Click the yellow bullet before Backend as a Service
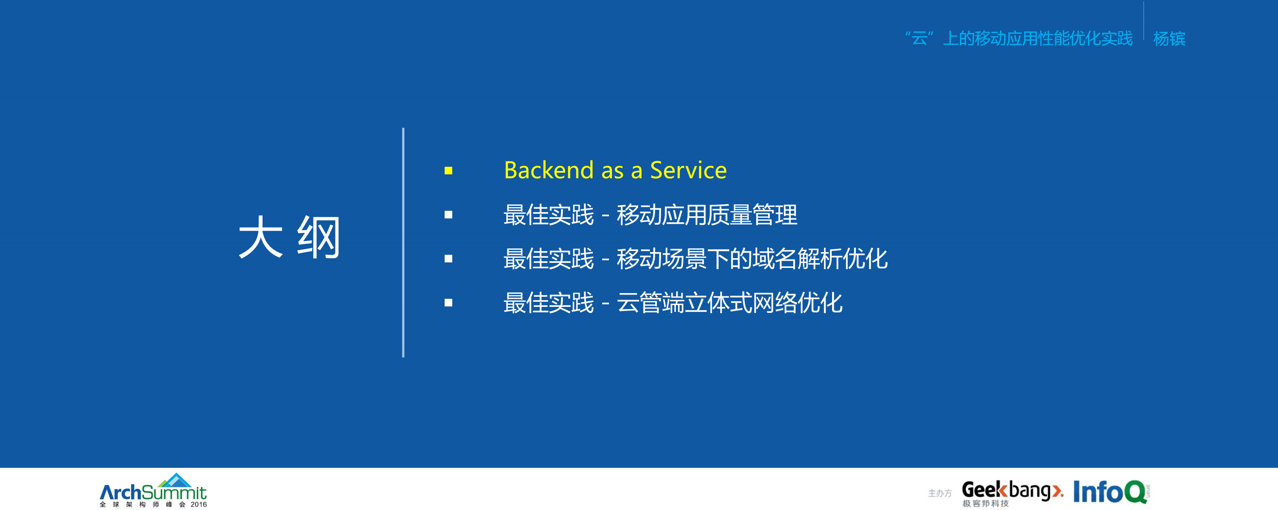[x=448, y=171]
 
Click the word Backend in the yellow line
[x=548, y=171]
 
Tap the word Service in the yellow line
[x=688, y=171]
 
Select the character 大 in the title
[x=260, y=237]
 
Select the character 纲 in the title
[x=318, y=237]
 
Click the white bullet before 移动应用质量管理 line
[x=448, y=215]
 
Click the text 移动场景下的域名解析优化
[x=752, y=259]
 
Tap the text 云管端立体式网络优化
[x=729, y=303]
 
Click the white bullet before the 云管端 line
[x=448, y=303]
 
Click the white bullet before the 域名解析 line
[x=448, y=259]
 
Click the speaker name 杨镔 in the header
[x=1169, y=39]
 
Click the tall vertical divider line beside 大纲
[x=403, y=243]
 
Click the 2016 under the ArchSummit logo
[x=199, y=504]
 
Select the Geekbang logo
[x=1012, y=490]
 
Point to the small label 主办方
[x=940, y=493]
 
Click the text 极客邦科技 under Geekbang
[x=985, y=504]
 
